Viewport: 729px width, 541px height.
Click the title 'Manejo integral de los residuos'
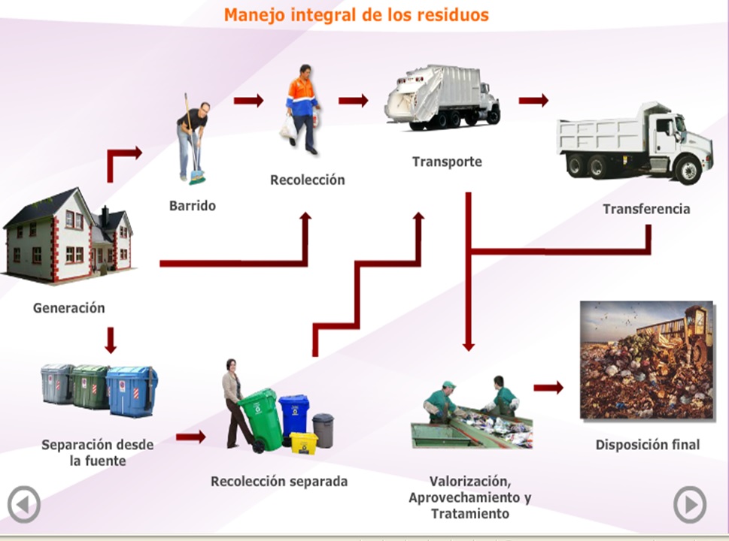(x=356, y=14)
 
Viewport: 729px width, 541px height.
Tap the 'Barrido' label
(x=192, y=205)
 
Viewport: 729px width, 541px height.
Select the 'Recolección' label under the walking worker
(x=307, y=180)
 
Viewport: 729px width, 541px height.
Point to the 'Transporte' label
(x=446, y=162)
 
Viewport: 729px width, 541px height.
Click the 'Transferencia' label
(x=645, y=209)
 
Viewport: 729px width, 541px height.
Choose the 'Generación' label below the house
(x=69, y=307)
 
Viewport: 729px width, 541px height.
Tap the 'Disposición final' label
(x=647, y=444)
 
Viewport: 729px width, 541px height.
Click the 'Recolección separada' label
(x=278, y=482)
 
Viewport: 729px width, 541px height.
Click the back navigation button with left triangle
(x=24, y=505)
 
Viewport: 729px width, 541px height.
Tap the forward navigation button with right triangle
(x=689, y=505)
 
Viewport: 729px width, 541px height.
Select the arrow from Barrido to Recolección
(x=248, y=101)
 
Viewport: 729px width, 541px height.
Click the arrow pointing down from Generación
(x=111, y=340)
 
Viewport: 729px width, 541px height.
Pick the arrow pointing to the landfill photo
(x=548, y=388)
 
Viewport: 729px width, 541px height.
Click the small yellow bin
(x=304, y=442)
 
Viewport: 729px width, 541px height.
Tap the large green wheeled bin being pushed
(x=260, y=418)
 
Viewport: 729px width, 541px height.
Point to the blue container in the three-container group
(x=132, y=391)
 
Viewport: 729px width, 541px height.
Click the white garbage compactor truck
(x=442, y=98)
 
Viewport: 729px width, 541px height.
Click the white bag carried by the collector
(x=288, y=128)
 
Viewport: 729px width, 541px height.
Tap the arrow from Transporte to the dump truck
(x=533, y=101)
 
